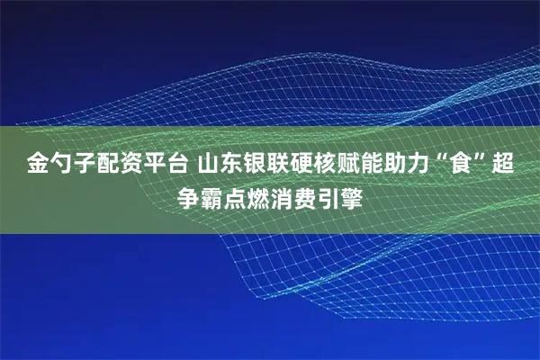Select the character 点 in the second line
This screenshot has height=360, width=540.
(x=241, y=195)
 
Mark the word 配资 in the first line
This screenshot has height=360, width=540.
(x=114, y=165)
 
